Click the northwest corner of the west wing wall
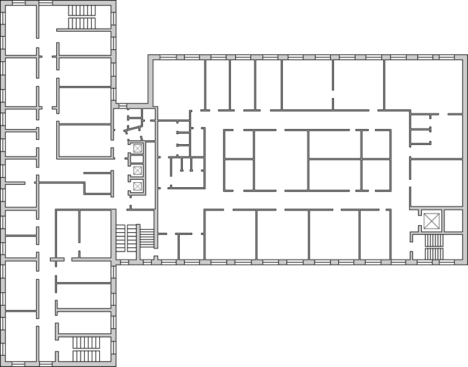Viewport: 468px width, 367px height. click(2, 2)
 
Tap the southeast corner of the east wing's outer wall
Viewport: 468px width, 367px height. click(465, 262)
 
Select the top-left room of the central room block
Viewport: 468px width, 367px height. click(239, 144)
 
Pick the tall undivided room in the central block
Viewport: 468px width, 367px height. click(281, 160)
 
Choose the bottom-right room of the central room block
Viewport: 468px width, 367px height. click(376, 175)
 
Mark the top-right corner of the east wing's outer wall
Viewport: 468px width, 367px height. click(465, 57)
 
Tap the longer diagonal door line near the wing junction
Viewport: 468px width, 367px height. click(134, 130)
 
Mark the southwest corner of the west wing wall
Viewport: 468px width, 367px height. click(2, 364)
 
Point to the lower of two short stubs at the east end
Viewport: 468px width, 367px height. click(421, 144)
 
